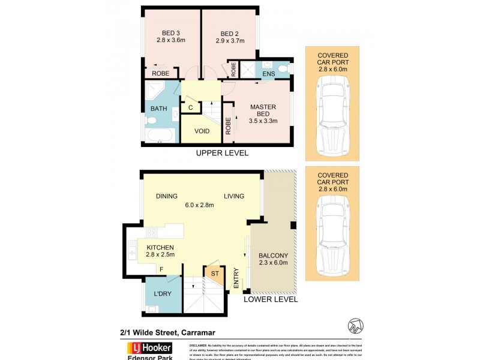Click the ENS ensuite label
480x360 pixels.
pyautogui.click(x=268, y=74)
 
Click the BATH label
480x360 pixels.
pyautogui.click(x=158, y=109)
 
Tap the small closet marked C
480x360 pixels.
pyautogui.click(x=190, y=108)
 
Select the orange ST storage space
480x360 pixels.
pyautogui.click(x=214, y=274)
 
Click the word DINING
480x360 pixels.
pyautogui.click(x=166, y=196)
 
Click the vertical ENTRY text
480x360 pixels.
pyautogui.click(x=236, y=280)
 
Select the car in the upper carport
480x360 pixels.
pyautogui.click(x=332, y=116)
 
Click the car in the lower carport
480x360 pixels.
pyautogui.click(x=332, y=237)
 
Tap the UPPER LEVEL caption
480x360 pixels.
pyautogui.click(x=222, y=154)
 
